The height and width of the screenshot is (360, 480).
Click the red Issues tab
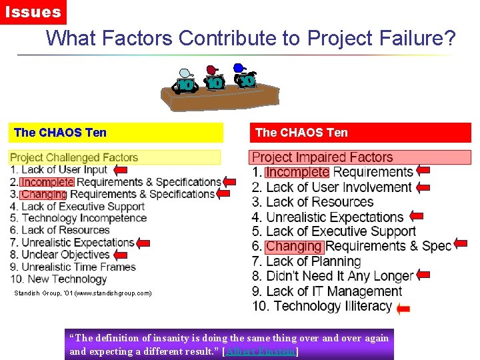[x=33, y=12]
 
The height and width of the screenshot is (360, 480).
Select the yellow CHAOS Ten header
[x=116, y=133]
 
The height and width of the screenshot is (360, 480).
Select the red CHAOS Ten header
[x=360, y=133]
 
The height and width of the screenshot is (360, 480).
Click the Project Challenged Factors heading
[x=74, y=158]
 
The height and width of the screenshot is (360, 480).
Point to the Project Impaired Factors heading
[x=322, y=158]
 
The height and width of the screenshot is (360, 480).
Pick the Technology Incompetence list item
[x=78, y=218]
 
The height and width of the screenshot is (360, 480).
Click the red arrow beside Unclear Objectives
[x=120, y=255]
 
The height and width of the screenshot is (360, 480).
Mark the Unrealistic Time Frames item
[x=73, y=267]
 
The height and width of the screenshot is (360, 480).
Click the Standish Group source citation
[x=83, y=293]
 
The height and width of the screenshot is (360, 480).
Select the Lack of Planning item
[x=307, y=261]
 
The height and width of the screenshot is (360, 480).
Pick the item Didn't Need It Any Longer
[x=333, y=276]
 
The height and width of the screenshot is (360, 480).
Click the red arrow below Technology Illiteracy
[x=403, y=309]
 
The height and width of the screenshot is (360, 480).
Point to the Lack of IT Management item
[x=327, y=291]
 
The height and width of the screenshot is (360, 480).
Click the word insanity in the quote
[x=173, y=338]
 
